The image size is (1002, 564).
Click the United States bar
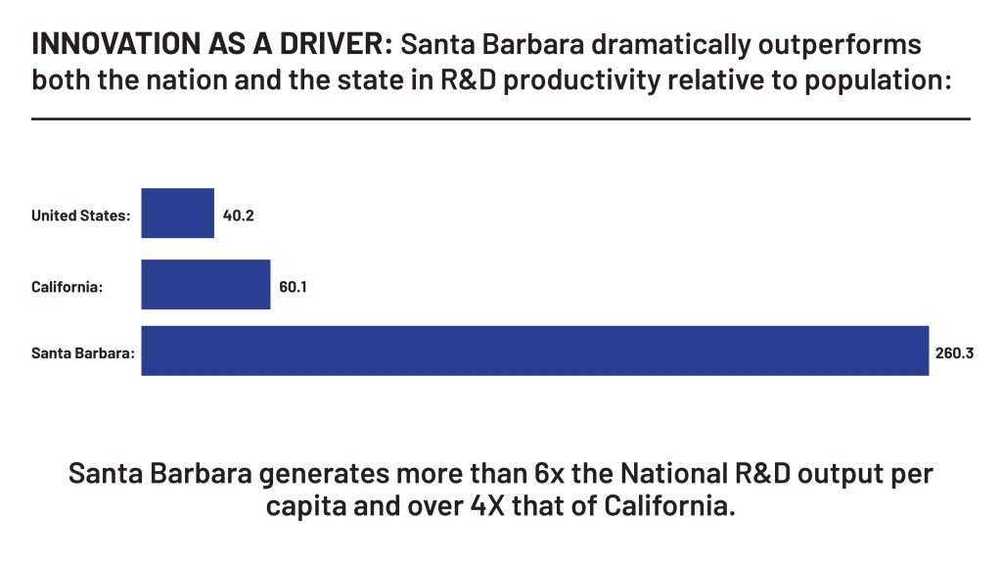click(177, 213)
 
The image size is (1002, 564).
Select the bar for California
click(205, 285)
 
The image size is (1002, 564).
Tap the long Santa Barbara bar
click(534, 351)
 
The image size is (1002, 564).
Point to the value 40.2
click(239, 214)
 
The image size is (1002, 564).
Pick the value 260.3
click(955, 352)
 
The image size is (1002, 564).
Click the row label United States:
click(80, 215)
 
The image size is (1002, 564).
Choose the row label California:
click(68, 287)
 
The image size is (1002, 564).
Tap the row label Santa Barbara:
click(83, 352)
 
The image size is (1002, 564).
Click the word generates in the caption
click(321, 474)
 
